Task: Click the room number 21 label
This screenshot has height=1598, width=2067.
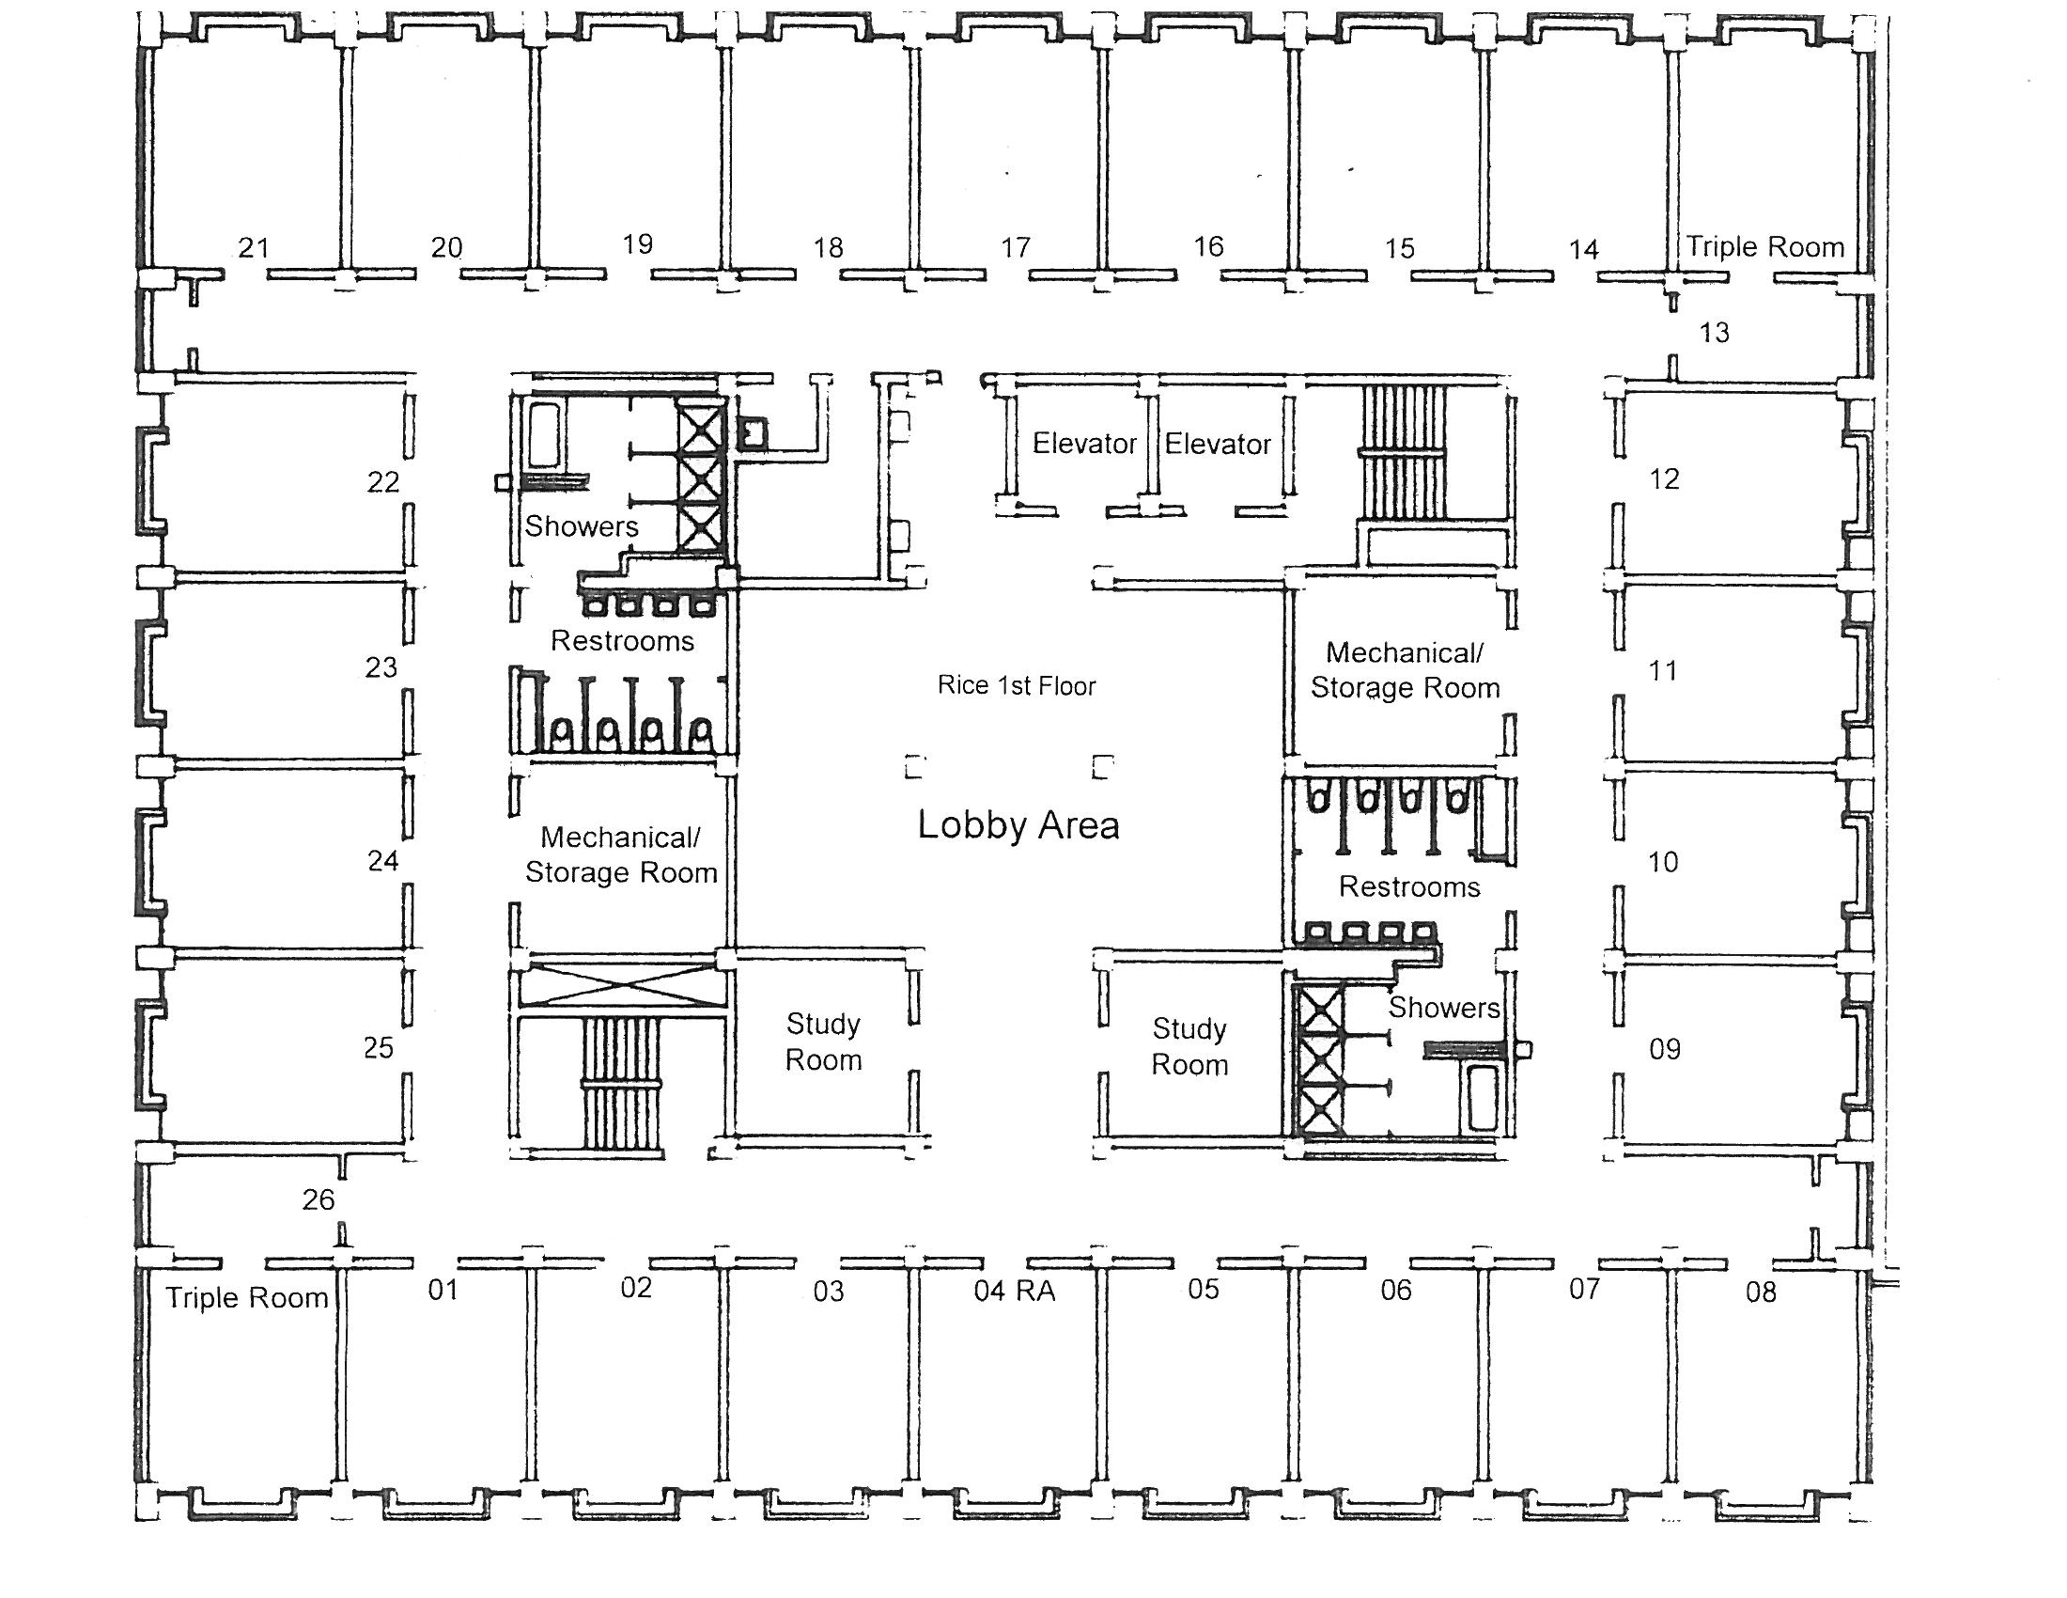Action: pyautogui.click(x=254, y=248)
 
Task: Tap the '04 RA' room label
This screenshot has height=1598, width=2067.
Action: pyautogui.click(x=1015, y=1291)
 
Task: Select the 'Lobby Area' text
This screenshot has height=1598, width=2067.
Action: pyautogui.click(x=1018, y=825)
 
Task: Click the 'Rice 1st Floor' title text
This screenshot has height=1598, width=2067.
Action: pyautogui.click(x=1017, y=685)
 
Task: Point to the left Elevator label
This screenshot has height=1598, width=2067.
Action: pyautogui.click(x=1084, y=443)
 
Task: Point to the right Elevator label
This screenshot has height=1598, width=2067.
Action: pyautogui.click(x=1218, y=444)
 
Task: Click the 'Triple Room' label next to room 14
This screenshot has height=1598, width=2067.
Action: pyautogui.click(x=1766, y=247)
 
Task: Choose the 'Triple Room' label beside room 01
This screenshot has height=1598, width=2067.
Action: pyautogui.click(x=247, y=1297)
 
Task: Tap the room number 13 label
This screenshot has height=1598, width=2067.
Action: pyautogui.click(x=1714, y=332)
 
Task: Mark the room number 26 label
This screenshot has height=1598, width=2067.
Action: pyautogui.click(x=318, y=1199)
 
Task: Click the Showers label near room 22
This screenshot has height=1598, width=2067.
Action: pyautogui.click(x=583, y=526)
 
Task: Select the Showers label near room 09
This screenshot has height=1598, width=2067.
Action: pyautogui.click(x=1444, y=1008)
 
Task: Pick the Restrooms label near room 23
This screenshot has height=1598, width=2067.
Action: pyautogui.click(x=623, y=641)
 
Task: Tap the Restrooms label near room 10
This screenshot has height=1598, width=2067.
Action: pyautogui.click(x=1410, y=887)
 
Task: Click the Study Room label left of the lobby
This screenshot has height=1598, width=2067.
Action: pyautogui.click(x=823, y=1042)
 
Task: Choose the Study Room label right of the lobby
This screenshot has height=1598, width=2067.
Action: pyautogui.click(x=1189, y=1046)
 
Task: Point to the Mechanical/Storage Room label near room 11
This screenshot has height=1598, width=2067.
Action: pyautogui.click(x=1406, y=670)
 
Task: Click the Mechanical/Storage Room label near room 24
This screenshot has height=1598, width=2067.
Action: pyautogui.click(x=622, y=854)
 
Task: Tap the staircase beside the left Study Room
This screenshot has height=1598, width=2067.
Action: pyautogui.click(x=621, y=1087)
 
